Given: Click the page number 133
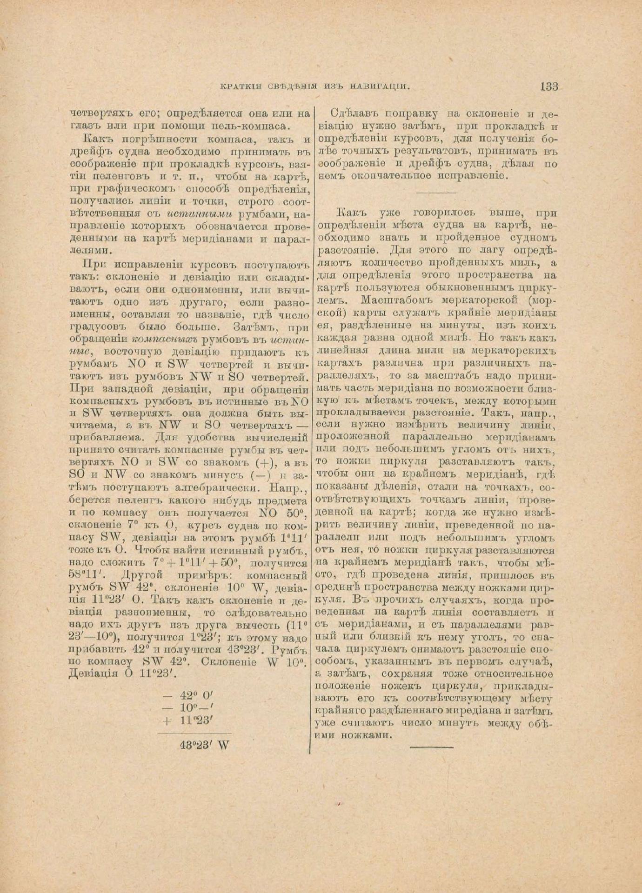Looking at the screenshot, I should tap(549, 86).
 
